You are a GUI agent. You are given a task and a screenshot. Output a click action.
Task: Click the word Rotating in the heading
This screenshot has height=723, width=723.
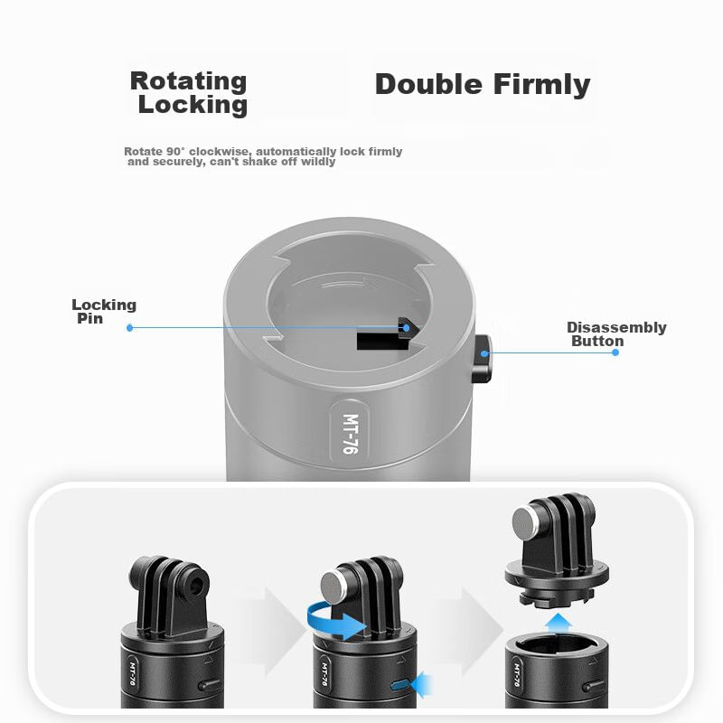coord(188,81)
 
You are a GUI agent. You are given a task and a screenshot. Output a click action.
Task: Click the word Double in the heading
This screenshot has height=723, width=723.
coord(428,84)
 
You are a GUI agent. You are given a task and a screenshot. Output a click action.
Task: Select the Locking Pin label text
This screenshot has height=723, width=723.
coord(104,311)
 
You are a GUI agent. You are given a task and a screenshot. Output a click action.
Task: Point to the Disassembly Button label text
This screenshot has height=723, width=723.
coord(616,333)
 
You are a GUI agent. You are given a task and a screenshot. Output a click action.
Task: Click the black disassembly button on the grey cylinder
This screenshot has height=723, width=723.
coord(483,359)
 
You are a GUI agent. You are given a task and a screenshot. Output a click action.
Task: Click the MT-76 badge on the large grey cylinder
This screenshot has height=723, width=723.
coord(351,434)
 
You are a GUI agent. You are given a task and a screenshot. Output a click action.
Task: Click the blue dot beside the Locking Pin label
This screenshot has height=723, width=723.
coord(129,328)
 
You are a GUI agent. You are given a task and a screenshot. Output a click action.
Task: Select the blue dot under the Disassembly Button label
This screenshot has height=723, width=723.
coord(615,352)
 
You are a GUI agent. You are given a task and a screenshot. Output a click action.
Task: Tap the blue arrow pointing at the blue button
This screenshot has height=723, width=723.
coord(421,684)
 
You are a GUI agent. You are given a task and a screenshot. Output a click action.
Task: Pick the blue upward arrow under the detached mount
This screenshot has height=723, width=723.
coord(558,623)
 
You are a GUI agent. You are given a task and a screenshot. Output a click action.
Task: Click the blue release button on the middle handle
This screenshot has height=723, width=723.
coord(399,684)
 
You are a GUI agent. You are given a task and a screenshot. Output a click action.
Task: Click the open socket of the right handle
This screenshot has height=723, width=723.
coord(557,644)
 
